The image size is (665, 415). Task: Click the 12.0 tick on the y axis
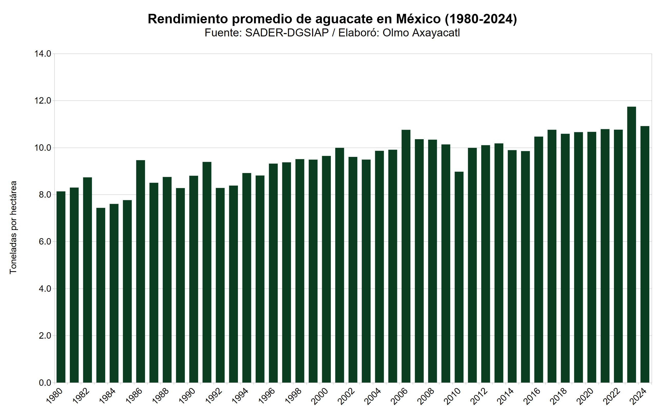(43, 101)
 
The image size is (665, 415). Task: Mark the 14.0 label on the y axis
(43, 54)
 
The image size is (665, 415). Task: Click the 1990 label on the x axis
(187, 396)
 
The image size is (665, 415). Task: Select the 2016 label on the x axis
(532, 396)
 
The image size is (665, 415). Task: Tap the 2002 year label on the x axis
(346, 396)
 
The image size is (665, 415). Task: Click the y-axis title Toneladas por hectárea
(13, 227)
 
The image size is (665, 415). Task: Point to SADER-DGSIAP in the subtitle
(287, 33)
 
